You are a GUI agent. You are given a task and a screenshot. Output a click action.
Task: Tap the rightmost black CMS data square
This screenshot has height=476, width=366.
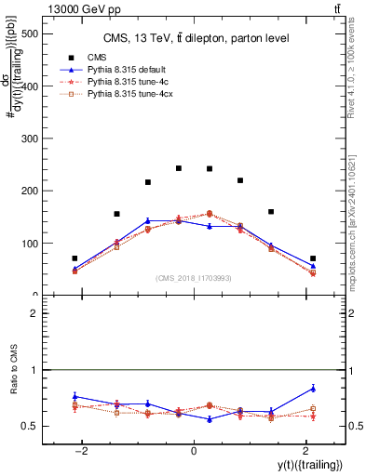[x=313, y=258]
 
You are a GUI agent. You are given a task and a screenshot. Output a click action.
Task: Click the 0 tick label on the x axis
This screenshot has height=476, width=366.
[x=193, y=450]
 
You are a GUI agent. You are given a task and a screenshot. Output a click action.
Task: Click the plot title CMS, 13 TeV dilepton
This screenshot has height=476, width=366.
[x=194, y=38]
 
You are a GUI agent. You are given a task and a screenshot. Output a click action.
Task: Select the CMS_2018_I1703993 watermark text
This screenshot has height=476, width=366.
[x=193, y=278]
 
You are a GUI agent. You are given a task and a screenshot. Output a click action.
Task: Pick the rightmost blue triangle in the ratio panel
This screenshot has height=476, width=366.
[x=313, y=389]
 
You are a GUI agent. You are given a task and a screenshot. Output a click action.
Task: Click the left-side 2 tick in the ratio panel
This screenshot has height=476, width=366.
[x=34, y=313]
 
